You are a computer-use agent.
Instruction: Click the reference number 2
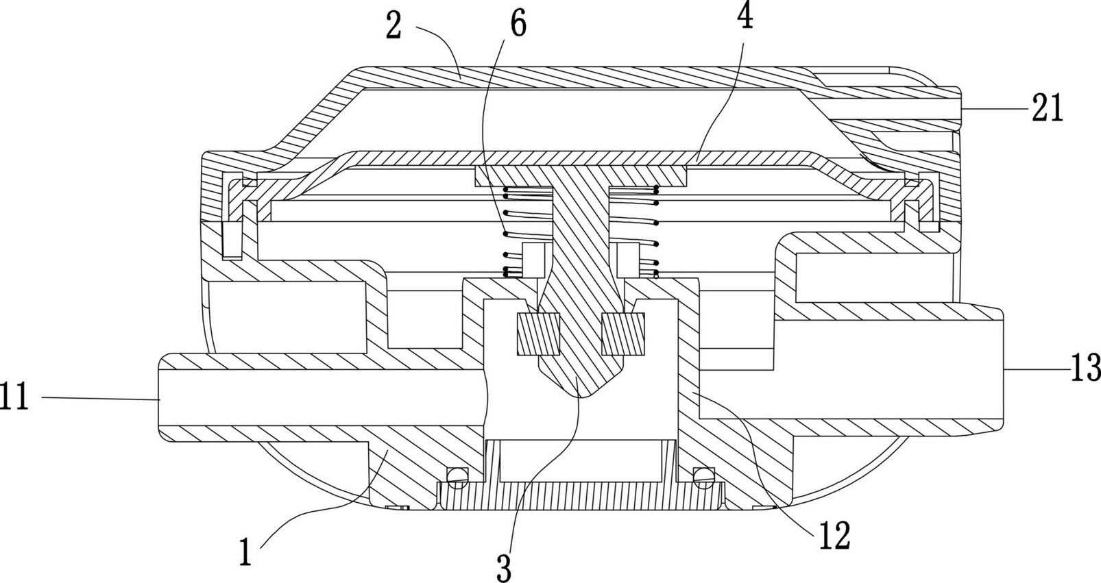point(394,27)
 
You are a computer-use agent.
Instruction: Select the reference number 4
point(745,16)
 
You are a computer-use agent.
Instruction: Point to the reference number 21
point(1047,108)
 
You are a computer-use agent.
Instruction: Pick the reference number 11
point(15,397)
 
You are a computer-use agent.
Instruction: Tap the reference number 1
point(245,553)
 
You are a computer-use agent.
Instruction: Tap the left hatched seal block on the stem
point(538,334)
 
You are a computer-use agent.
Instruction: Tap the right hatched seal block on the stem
point(623,334)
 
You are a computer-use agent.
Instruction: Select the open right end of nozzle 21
point(960,108)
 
